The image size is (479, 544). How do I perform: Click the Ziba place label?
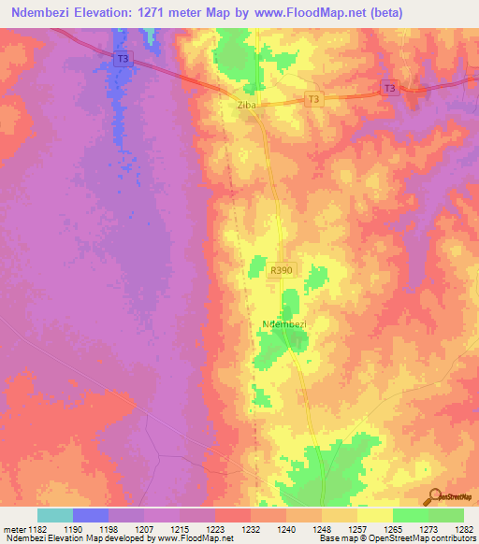tap(246, 106)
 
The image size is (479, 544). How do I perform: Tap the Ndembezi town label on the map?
tap(286, 324)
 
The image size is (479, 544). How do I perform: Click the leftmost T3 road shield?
tap(123, 58)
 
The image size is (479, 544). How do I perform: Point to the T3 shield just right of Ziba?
tap(313, 99)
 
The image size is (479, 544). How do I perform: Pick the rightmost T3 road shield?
tap(390, 88)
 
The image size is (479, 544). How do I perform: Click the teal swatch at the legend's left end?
tap(54, 515)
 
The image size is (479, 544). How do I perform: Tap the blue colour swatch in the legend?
tap(90, 515)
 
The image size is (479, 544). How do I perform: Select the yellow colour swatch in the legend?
tap(374, 515)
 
